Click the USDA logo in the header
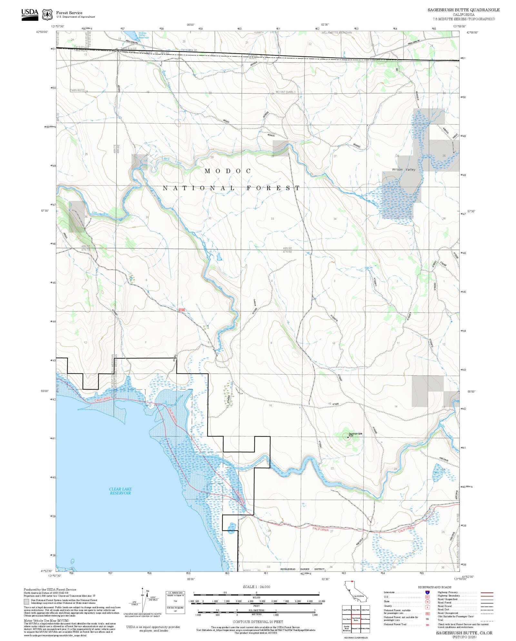point(30,14)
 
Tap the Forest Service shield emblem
point(47,14)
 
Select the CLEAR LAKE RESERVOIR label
point(120,491)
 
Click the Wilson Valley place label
point(403,169)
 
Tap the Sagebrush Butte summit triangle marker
point(348,437)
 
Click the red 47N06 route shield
point(182,310)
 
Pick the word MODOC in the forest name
point(228,171)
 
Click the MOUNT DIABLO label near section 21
point(285,92)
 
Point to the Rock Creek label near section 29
point(172,160)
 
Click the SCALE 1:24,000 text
point(256,587)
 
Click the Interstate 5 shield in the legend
point(427,593)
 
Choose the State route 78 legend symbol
point(427,602)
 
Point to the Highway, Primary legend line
point(487,593)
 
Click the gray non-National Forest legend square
point(26,602)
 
